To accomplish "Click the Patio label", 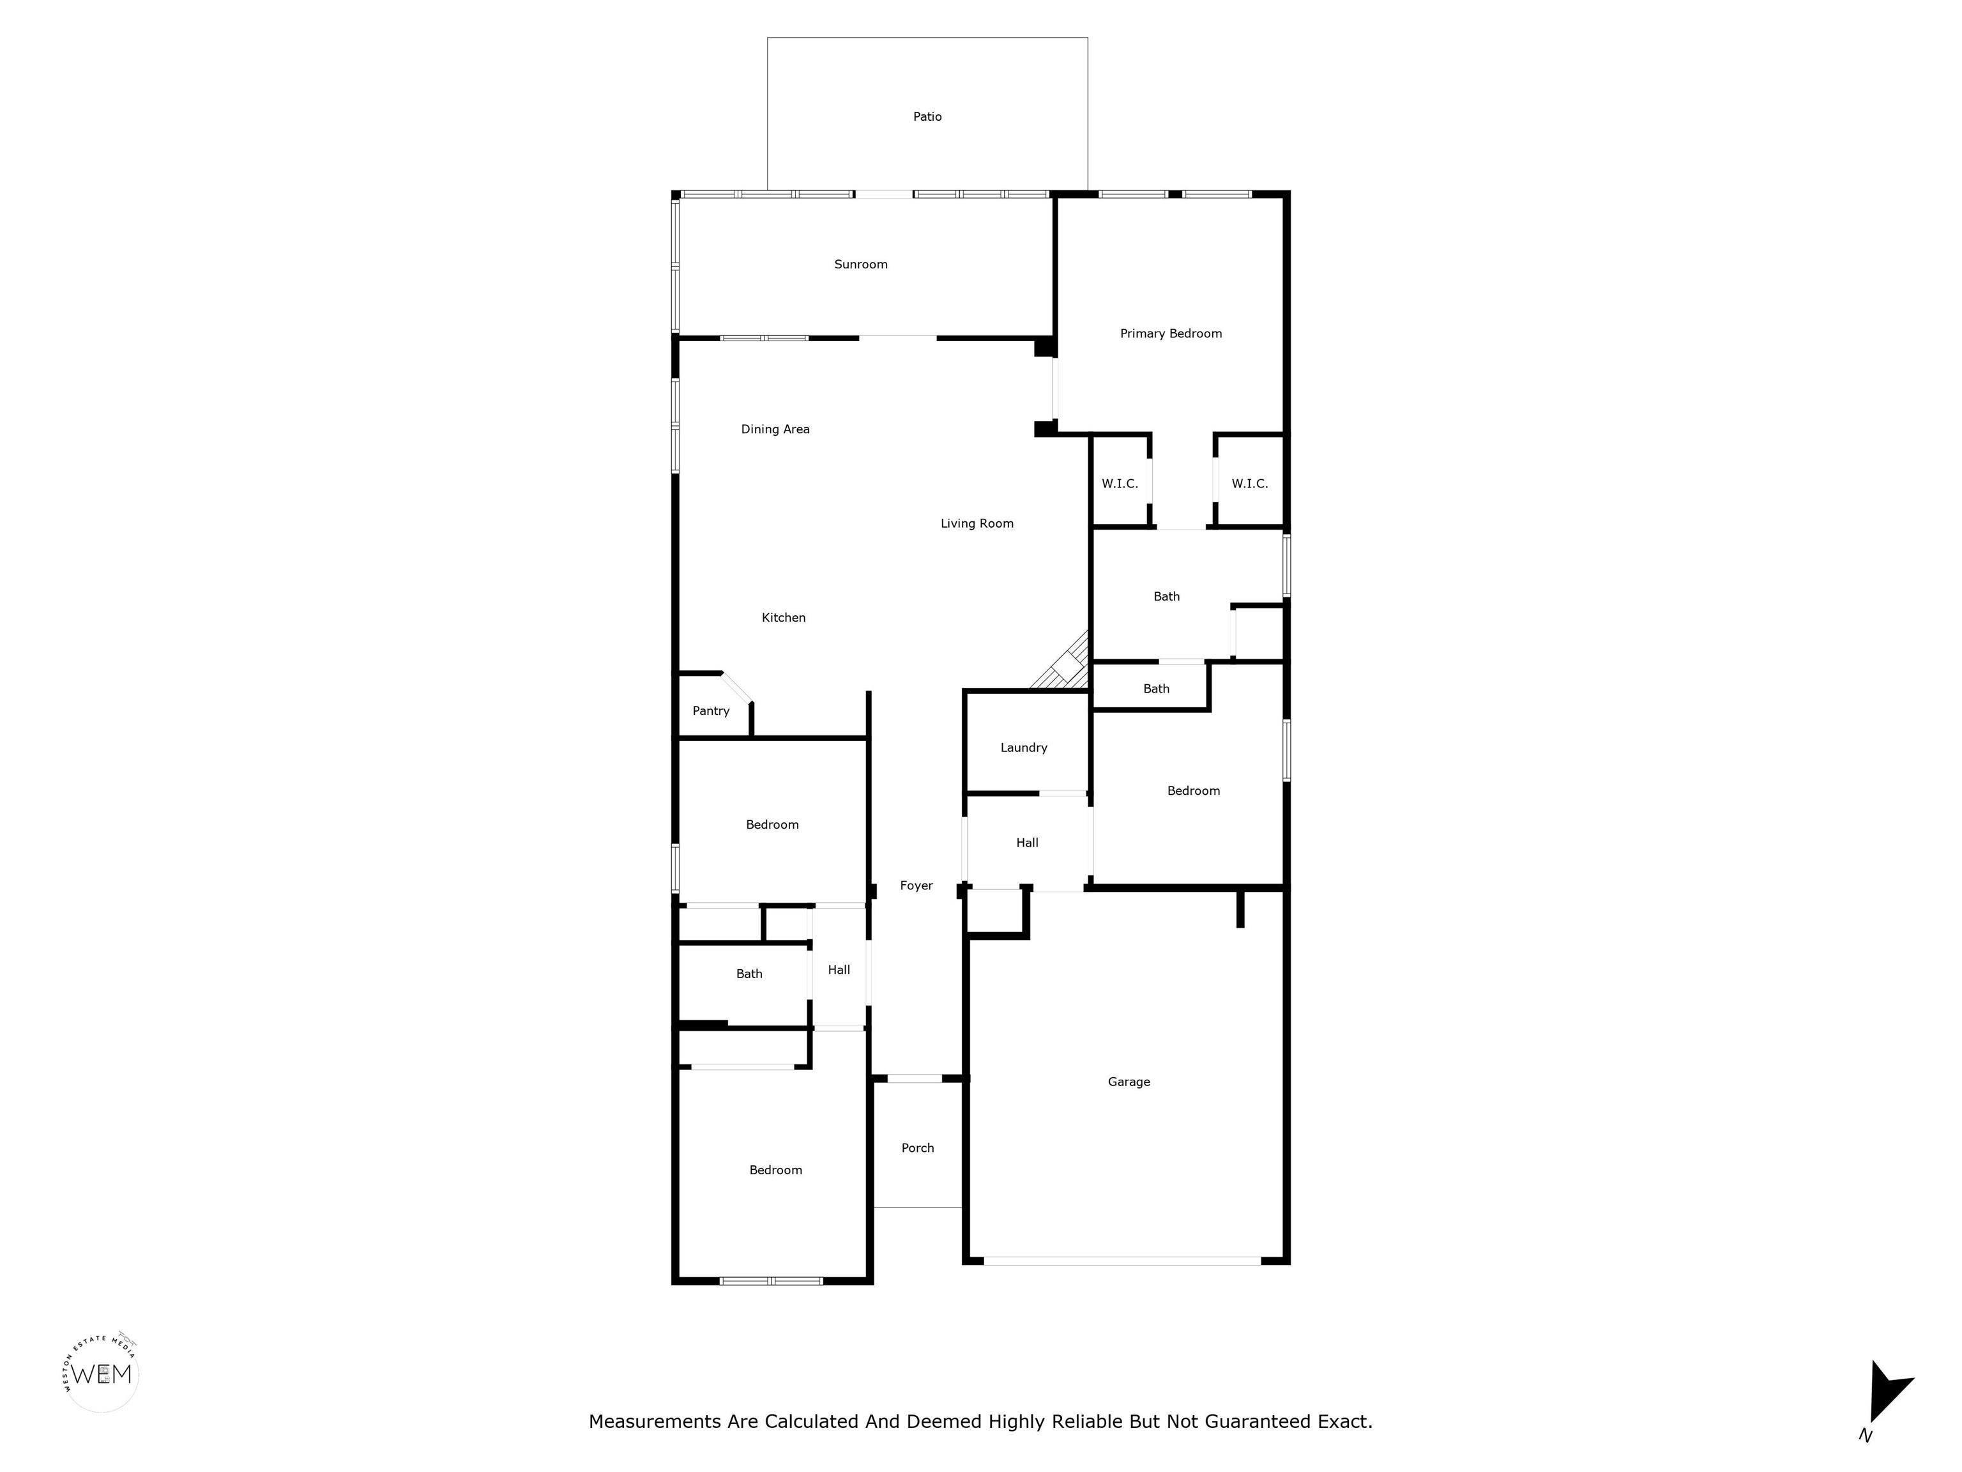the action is [x=927, y=116].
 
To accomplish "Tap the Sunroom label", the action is [x=860, y=264].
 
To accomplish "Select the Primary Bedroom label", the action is [x=1171, y=333].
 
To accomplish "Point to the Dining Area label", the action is [x=775, y=429].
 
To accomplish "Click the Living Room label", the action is [x=977, y=523].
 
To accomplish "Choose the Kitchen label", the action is [x=783, y=618].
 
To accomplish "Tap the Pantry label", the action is [x=710, y=710].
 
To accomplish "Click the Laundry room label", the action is [x=1024, y=748].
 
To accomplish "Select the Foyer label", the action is [x=916, y=885].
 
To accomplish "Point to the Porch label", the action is [x=917, y=1148].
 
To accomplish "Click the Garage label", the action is [x=1129, y=1082].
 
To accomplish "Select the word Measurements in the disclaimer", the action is [x=655, y=1422].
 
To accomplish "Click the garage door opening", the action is [x=1121, y=1260].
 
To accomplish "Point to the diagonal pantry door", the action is [x=736, y=687].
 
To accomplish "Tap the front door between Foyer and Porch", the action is [x=915, y=1078].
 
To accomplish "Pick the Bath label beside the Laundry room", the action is [x=1156, y=689].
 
